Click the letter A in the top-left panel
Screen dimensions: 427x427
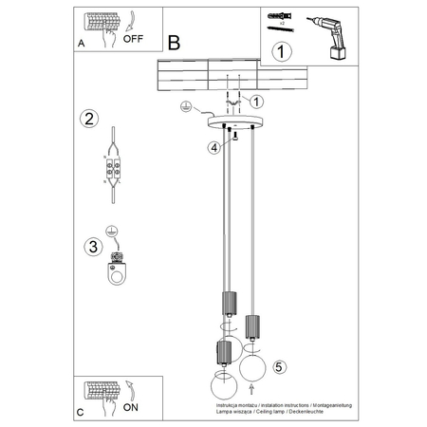pos(81,43)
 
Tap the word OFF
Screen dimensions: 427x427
pos(134,41)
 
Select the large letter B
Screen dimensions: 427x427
pos(174,42)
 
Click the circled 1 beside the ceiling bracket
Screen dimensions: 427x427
pos(256,101)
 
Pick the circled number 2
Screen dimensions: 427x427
pos(87,120)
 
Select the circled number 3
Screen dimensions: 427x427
pos(90,248)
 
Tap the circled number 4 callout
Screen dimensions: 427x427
pos(214,147)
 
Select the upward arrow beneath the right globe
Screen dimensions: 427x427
pos(251,389)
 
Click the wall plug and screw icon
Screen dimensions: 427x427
pos(282,20)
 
